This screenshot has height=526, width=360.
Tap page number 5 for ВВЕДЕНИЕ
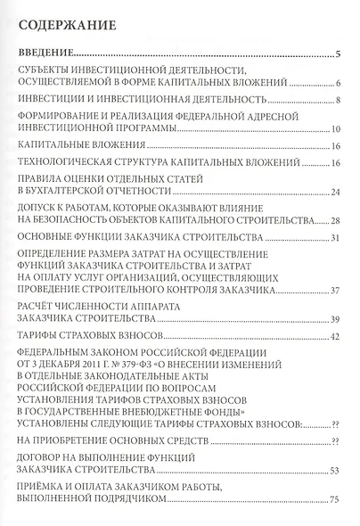coord(339,54)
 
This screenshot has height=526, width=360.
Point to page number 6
coord(339,85)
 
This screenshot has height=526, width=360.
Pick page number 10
coord(336,133)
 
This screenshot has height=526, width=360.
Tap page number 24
coord(336,193)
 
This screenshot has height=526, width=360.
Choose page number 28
coord(336,219)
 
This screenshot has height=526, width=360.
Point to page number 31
coord(336,239)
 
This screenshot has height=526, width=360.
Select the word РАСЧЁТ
coord(38,307)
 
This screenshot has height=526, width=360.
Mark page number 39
coord(336,319)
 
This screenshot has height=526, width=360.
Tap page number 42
coord(336,338)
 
